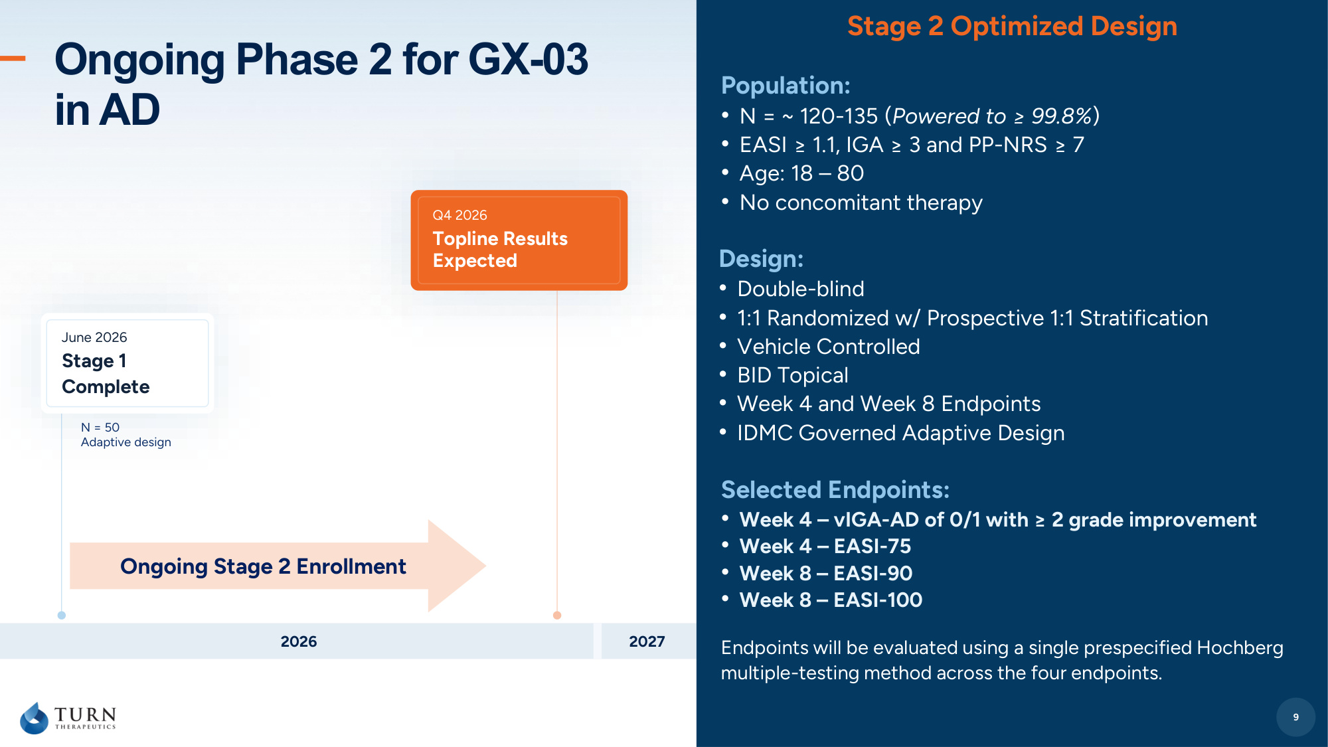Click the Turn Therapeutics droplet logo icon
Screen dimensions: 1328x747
[x=35, y=718]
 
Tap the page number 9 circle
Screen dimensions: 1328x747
[x=1295, y=717]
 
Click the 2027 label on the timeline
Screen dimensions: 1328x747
[x=647, y=641]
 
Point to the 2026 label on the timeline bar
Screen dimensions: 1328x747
[x=299, y=641]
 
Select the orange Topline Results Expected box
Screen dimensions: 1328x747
[x=519, y=240]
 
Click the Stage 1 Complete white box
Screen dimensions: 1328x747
[x=127, y=363]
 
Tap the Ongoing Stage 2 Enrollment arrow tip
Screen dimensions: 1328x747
[x=485, y=566]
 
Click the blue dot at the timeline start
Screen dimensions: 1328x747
[x=62, y=616]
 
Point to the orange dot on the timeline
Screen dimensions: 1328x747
[x=557, y=616]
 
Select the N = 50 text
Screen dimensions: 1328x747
[x=100, y=428]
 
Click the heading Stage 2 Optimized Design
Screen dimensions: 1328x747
[x=1012, y=27]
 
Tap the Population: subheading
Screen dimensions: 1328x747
[x=786, y=86]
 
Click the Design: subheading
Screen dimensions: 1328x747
[x=762, y=259]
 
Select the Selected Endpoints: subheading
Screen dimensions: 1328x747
[x=835, y=490]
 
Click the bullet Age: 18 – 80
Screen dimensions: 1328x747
[x=801, y=173]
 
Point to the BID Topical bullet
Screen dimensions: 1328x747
[x=793, y=375]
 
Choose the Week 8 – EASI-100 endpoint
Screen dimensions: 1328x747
[x=831, y=600]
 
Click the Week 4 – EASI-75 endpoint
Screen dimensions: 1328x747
[x=825, y=546]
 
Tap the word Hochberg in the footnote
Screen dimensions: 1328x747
[x=1240, y=647]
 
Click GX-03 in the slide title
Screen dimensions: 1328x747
[x=529, y=60]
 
